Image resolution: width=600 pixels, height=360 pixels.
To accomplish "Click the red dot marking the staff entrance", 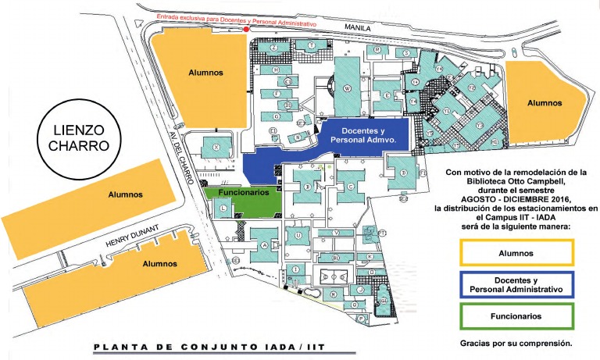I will pyautogui.click(x=246, y=30).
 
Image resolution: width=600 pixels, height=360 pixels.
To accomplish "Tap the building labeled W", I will pyautogui.click(x=346, y=88).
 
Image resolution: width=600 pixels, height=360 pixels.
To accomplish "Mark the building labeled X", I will pyautogui.click(x=216, y=147).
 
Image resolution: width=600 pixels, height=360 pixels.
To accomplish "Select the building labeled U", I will pyautogui.click(x=298, y=234).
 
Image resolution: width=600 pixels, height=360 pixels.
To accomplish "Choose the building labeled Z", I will pyautogui.click(x=273, y=47).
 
